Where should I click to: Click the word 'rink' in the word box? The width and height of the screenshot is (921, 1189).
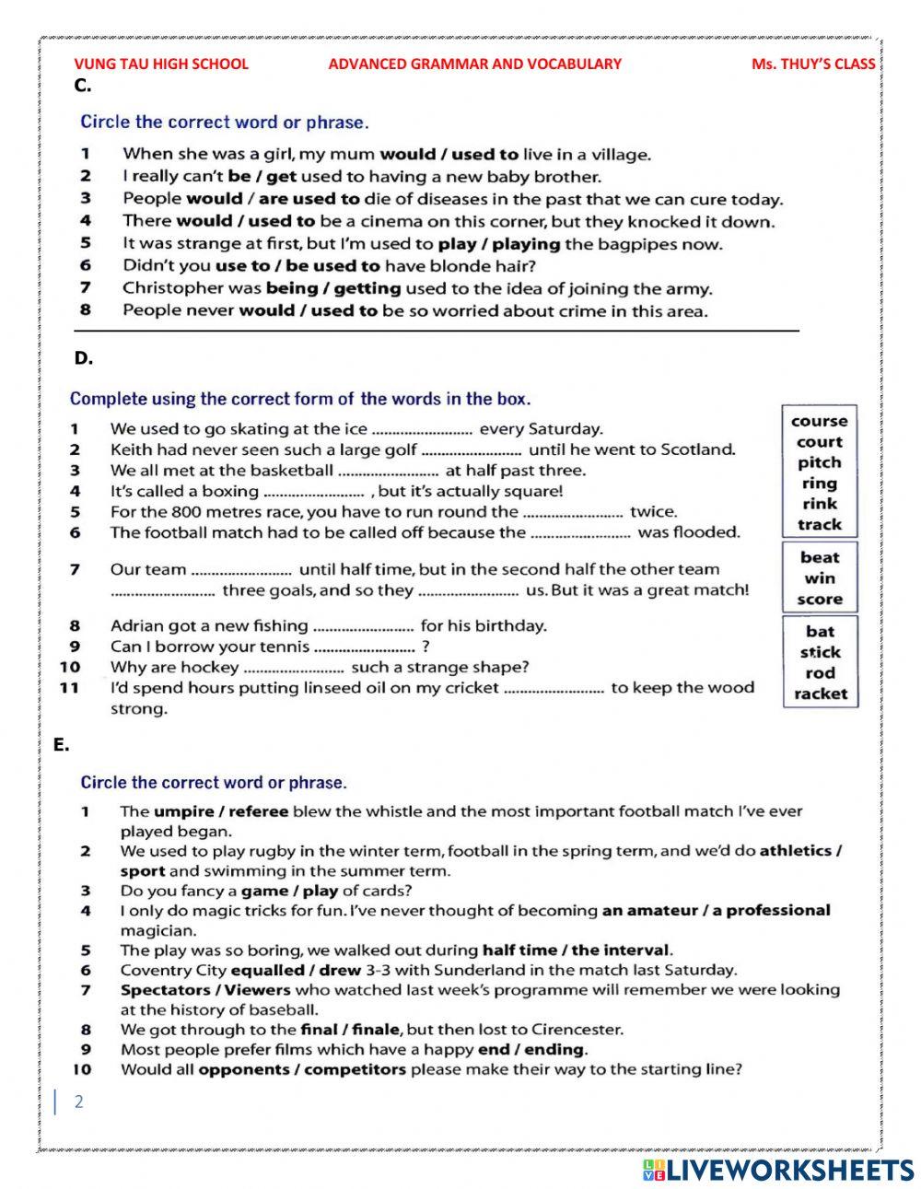(819, 504)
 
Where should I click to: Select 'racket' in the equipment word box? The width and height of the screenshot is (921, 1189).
(820, 694)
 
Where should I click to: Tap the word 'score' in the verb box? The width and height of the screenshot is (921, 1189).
(820, 599)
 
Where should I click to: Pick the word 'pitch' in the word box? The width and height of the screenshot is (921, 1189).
(819, 462)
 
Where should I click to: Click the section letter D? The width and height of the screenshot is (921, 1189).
(84, 358)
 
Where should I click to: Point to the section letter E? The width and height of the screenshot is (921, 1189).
(62, 745)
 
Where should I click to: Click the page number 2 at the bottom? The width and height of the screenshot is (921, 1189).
(78, 1102)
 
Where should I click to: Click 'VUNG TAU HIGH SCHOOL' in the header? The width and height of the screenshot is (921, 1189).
(161, 64)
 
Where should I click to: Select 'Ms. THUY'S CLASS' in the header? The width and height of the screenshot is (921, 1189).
(813, 64)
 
